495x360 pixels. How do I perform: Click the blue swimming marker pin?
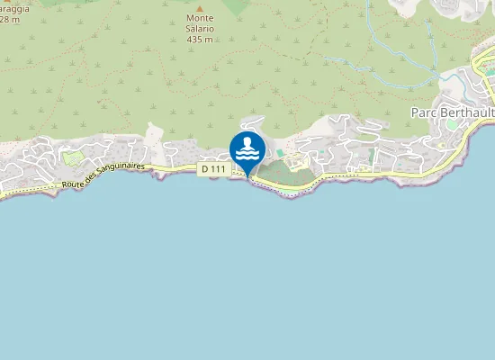tap(247, 149)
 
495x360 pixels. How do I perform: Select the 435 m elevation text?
tap(201, 39)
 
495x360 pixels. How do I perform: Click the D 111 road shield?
tap(212, 168)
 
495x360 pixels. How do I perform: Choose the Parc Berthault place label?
tap(451, 112)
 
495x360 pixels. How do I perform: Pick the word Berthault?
tap(465, 112)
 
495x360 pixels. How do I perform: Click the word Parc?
tap(423, 112)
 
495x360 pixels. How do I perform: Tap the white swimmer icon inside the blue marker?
tap(247, 147)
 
